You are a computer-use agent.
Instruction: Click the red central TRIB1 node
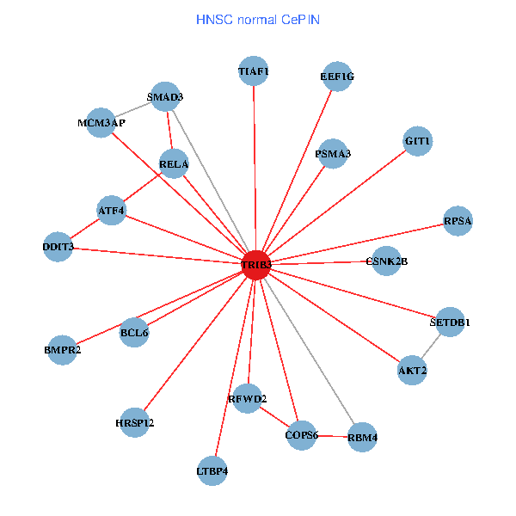click(x=255, y=265)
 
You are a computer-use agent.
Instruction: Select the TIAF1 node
click(x=254, y=71)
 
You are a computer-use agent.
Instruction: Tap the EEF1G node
click(x=337, y=77)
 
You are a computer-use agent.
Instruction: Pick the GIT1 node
click(x=417, y=141)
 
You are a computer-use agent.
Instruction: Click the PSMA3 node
click(x=333, y=154)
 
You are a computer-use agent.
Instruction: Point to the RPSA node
click(x=458, y=222)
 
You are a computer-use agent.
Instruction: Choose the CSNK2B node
click(x=386, y=261)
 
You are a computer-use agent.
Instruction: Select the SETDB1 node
click(x=450, y=322)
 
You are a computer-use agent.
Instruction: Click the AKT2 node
click(x=412, y=371)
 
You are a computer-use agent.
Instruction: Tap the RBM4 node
click(x=362, y=438)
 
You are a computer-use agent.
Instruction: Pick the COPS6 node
click(x=301, y=436)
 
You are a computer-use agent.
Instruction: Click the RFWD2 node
click(x=248, y=399)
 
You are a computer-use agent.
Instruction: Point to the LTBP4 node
click(x=212, y=470)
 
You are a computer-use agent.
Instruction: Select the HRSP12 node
click(x=135, y=422)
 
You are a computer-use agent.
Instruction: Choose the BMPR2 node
click(x=62, y=350)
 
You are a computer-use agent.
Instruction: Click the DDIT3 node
click(x=58, y=247)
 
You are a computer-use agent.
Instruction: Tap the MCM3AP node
click(x=101, y=123)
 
